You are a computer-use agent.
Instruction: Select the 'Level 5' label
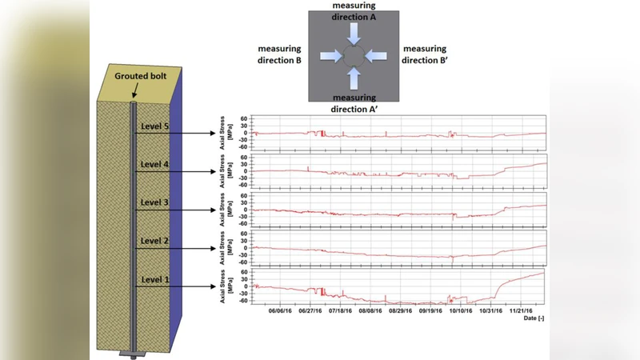[x=155, y=126]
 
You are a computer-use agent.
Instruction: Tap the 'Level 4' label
[x=155, y=165]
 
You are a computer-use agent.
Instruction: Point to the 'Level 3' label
[x=155, y=203]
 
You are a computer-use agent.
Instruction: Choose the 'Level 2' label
[x=155, y=241]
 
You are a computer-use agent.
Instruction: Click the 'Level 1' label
[x=155, y=279]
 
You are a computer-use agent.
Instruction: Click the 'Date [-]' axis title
[x=534, y=318]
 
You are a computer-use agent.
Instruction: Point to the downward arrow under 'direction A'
[x=354, y=32]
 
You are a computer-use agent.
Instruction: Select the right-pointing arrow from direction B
[x=330, y=56]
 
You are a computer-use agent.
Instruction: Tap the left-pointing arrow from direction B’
[x=378, y=56]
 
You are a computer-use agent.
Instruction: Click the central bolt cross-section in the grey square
[x=354, y=56]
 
